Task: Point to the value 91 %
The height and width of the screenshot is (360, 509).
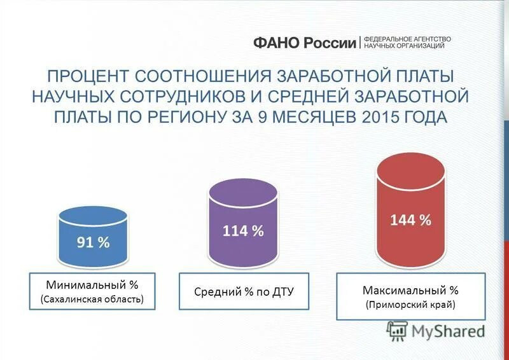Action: (94, 242)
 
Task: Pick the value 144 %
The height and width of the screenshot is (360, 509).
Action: (410, 220)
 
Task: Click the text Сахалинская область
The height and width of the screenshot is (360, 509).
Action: (92, 298)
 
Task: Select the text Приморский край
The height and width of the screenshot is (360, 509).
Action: (410, 305)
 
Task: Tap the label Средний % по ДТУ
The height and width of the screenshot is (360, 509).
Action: (243, 291)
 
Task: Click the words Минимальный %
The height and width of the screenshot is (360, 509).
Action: (92, 284)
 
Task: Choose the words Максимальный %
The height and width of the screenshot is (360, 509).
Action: (410, 290)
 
